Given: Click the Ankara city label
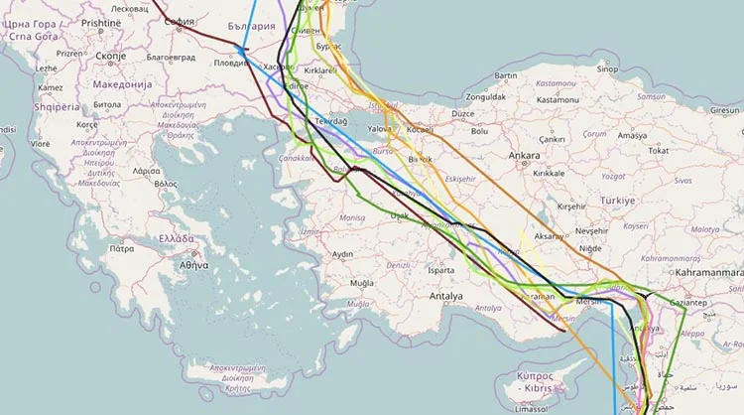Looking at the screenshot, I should point(524,155).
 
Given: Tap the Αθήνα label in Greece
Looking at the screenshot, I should point(193,266).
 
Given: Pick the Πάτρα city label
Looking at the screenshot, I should point(121,249).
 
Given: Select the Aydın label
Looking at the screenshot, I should point(341,254).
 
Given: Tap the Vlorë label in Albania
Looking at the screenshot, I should point(40,144).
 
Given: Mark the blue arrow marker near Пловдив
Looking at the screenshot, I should point(241,49).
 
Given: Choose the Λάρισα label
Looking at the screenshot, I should point(145,171).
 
